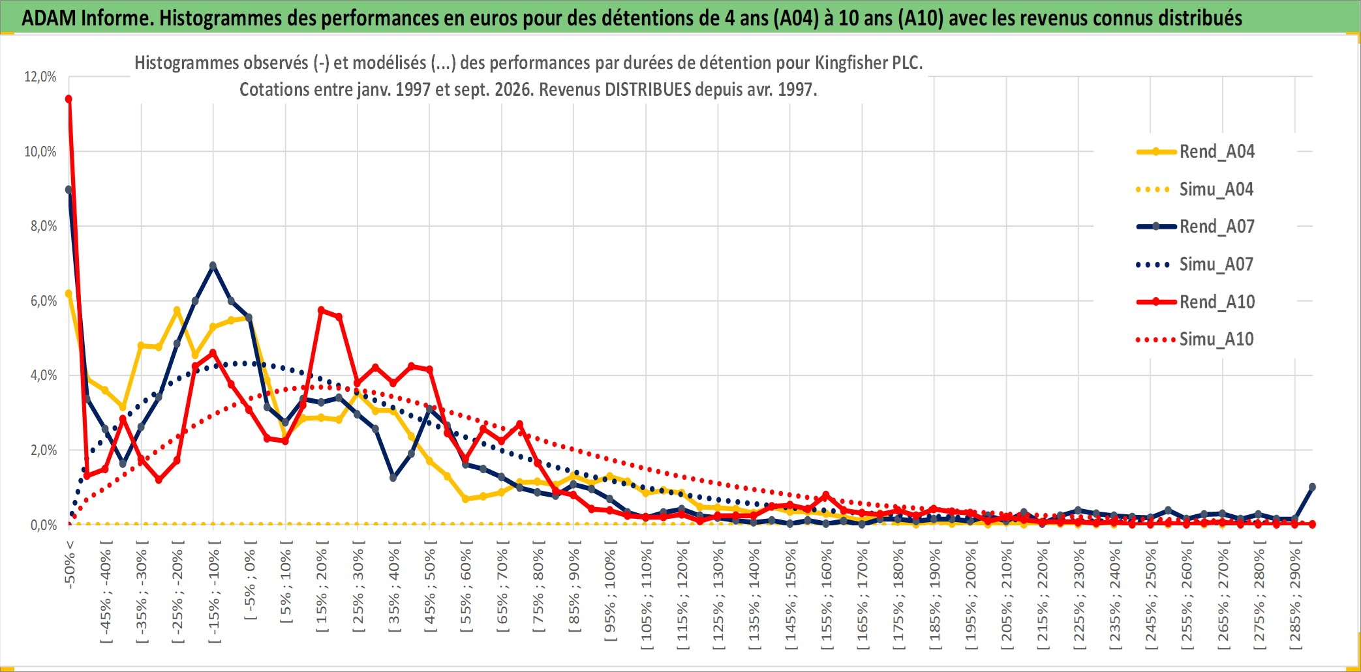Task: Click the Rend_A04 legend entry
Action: click(x=1195, y=152)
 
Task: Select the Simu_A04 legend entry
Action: click(x=1195, y=190)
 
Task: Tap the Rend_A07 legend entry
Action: click(x=1195, y=227)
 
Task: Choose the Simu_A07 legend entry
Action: click(x=1195, y=265)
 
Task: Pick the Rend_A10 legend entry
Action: click(x=1195, y=302)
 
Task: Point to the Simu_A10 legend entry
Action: click(x=1195, y=340)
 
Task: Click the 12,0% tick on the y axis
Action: click(x=40, y=77)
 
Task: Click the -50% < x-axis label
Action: click(x=70, y=564)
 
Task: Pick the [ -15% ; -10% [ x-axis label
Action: click(x=214, y=591)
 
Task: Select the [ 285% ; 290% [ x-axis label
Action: click(x=1295, y=595)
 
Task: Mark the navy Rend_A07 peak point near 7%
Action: click(x=213, y=265)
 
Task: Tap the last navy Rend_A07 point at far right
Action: click(x=1312, y=487)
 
